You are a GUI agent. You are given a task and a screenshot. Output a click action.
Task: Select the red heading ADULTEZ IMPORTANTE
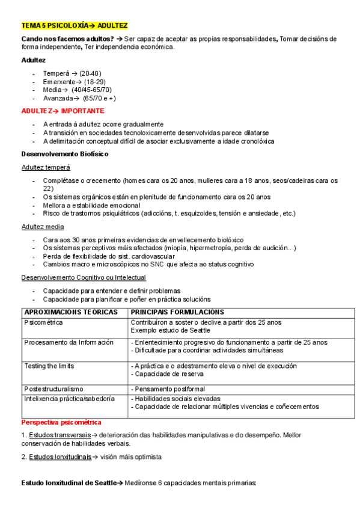click(63, 111)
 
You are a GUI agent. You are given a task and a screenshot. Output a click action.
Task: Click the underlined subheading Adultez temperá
click(46, 167)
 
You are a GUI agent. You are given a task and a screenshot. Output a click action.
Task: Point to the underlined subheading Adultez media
click(43, 226)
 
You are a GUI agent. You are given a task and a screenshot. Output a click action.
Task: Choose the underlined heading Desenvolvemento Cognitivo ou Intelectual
click(84, 277)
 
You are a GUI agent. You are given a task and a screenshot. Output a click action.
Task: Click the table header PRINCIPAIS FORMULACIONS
click(177, 312)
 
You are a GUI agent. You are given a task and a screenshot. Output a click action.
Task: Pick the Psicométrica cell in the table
click(44, 322)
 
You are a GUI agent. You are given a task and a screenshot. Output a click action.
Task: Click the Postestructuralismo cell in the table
click(54, 389)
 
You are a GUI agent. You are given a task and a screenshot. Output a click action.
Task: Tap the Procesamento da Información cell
click(69, 342)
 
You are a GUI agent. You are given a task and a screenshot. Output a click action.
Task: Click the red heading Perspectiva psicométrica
click(61, 422)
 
